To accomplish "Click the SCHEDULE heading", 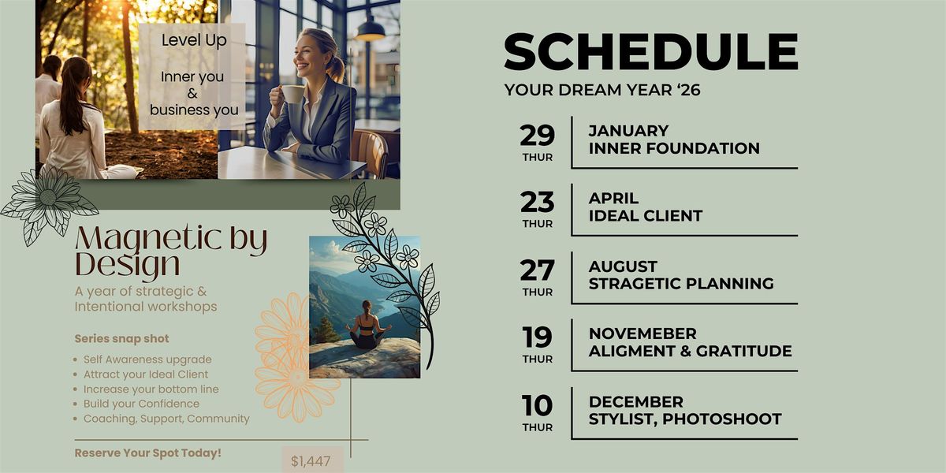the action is [x=651, y=51].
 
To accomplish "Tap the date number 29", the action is [x=537, y=135].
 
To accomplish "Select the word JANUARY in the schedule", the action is [x=628, y=131].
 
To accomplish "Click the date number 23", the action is [x=537, y=202].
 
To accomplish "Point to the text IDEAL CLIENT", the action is [x=646, y=216].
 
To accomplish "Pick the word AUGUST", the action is [x=623, y=266].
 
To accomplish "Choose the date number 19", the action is [x=537, y=337].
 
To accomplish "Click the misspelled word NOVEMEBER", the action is [x=642, y=333].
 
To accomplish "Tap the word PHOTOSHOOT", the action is [x=722, y=419].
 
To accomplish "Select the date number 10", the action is [x=537, y=405].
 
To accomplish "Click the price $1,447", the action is [x=311, y=460].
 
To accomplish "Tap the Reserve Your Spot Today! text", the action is [x=148, y=453].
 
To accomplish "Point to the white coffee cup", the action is [x=292, y=94].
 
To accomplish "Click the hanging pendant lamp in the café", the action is [x=370, y=30].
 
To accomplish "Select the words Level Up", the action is [x=194, y=41].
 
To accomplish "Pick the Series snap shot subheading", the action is [x=121, y=339].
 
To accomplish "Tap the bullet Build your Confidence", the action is [x=141, y=404].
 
